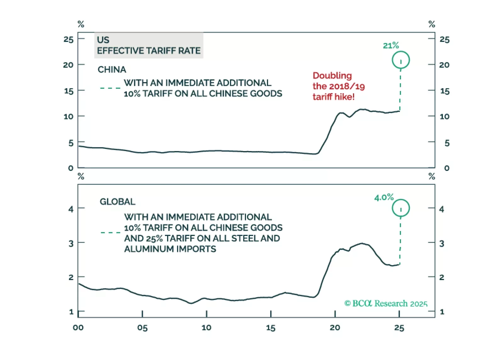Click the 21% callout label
coord(391,46)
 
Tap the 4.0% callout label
coord(384,198)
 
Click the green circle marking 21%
coord(400,60)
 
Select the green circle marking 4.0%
coord(400,208)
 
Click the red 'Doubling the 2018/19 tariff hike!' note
coord(338,86)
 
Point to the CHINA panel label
coord(112,70)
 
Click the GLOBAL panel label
coord(117,202)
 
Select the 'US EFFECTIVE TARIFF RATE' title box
coord(149,46)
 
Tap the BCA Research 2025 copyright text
coord(386,303)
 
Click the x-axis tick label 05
coord(142,328)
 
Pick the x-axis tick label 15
coord(271,328)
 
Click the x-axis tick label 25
coord(399,328)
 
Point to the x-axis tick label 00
coord(78,328)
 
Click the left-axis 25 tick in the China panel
coord(68,40)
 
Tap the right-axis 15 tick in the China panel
coord(444,91)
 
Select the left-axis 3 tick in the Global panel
coord(71,244)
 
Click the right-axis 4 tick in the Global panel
coord(442,209)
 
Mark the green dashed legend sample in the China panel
coord(110,88)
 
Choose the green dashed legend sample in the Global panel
coord(110,233)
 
